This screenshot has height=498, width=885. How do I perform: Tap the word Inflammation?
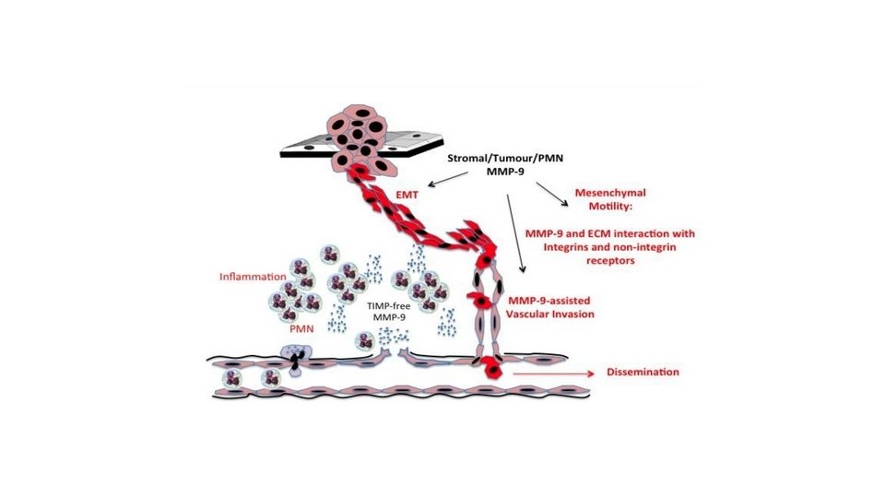[251, 276]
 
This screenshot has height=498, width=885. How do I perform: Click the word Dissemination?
[643, 372]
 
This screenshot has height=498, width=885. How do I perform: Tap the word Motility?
[597, 207]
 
